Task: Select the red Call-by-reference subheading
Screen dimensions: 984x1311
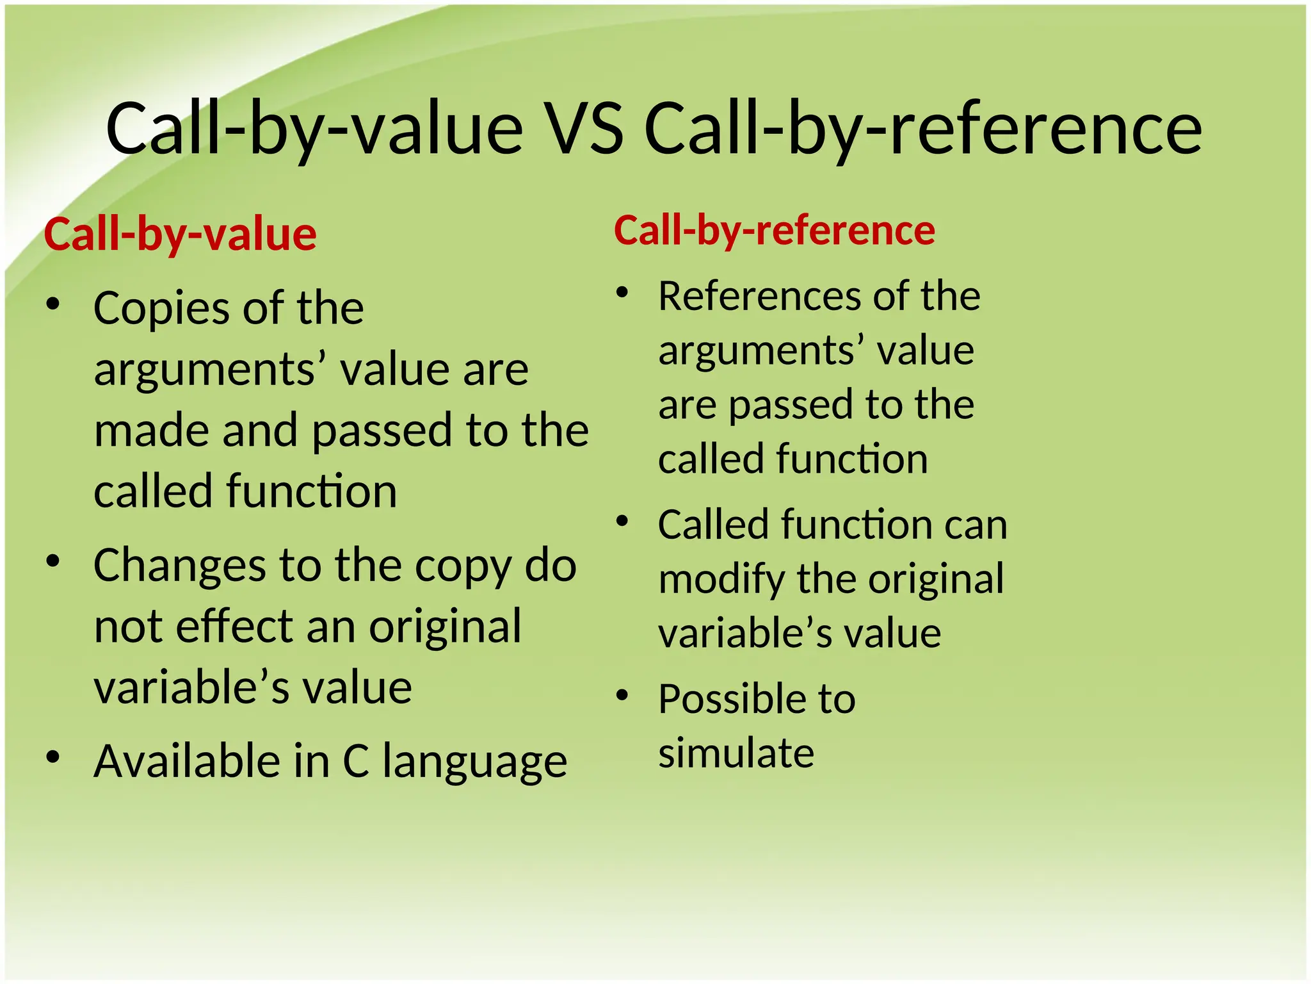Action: click(774, 230)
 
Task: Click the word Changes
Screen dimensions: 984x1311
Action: click(179, 566)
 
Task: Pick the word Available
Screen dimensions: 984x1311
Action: click(186, 761)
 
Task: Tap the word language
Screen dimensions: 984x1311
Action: click(474, 762)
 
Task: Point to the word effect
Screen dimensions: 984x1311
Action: click(234, 626)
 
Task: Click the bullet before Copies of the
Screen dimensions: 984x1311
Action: click(53, 304)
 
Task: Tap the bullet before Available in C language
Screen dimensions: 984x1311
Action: click(53, 757)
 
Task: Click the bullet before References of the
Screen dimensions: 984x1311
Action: click(622, 292)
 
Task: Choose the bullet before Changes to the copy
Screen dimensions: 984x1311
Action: click(53, 561)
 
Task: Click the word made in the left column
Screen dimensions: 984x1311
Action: click(151, 430)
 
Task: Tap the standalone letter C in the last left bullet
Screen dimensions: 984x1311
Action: click(356, 761)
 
